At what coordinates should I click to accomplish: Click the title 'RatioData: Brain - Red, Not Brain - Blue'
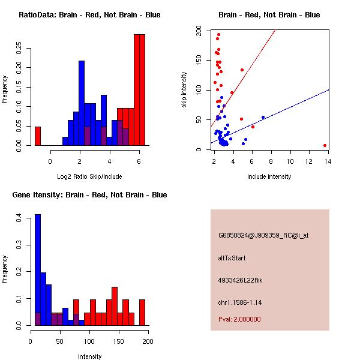pos(89,15)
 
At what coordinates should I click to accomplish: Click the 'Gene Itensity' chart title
pos(89,195)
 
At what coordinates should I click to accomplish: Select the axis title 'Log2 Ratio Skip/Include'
pos(89,176)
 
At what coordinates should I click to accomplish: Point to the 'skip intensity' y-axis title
pos(184,90)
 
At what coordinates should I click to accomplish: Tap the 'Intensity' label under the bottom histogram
pos(89,356)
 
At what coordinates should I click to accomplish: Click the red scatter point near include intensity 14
pos(325,145)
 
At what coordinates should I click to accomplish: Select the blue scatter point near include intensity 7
pos(263,118)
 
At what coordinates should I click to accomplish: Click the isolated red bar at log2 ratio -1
pos(38,136)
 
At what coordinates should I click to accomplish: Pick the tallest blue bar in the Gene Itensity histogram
pos(38,270)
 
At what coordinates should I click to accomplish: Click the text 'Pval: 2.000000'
pos(239,320)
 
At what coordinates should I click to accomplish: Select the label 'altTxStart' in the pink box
pos(232,259)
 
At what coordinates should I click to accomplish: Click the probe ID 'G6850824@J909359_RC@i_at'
pos(263,236)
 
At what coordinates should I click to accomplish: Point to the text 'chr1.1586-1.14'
pos(240,302)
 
